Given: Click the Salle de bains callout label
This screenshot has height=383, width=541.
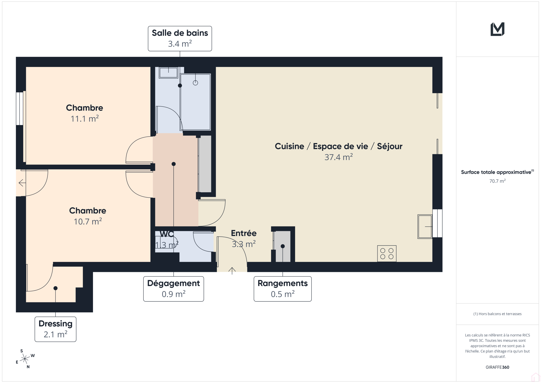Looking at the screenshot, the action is pos(180,39).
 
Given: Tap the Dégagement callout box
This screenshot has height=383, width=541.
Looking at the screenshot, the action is pos(174,289).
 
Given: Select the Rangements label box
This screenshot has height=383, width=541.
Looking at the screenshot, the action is pos(283,289).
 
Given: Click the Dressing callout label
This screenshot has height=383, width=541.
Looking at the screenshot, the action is pos(55,329).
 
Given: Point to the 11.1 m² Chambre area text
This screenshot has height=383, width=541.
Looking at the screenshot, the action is pos(85,119).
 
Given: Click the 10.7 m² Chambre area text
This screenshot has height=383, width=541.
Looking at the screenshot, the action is pos(88,221).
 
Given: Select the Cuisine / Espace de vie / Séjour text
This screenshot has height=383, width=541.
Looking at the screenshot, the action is pos(339,146).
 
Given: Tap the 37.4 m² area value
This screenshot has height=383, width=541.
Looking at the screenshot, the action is pos(339,157).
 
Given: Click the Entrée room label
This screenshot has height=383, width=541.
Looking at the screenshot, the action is pos(244,233).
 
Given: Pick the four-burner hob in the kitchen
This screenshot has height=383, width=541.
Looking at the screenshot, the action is pos(387,254).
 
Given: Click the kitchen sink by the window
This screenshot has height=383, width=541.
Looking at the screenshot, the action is pos(425,227).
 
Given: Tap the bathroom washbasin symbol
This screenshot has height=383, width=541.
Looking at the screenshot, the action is pos(168,72).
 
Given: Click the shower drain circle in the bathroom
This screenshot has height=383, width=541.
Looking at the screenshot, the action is pos(195,83).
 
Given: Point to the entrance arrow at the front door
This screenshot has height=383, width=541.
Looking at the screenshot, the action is pos(232,271).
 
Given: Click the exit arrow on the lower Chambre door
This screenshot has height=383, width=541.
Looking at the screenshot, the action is pos(22,183).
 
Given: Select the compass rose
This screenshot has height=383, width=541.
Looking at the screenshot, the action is pos(25,359).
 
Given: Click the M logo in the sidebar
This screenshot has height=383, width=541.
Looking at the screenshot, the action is pos(497,29).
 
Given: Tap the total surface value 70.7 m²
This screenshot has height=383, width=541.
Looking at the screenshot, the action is pos(497,181).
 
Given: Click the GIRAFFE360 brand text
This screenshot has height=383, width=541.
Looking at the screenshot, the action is pos(497,367).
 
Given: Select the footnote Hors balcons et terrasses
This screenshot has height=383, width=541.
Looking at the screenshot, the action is pos(497,314).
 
